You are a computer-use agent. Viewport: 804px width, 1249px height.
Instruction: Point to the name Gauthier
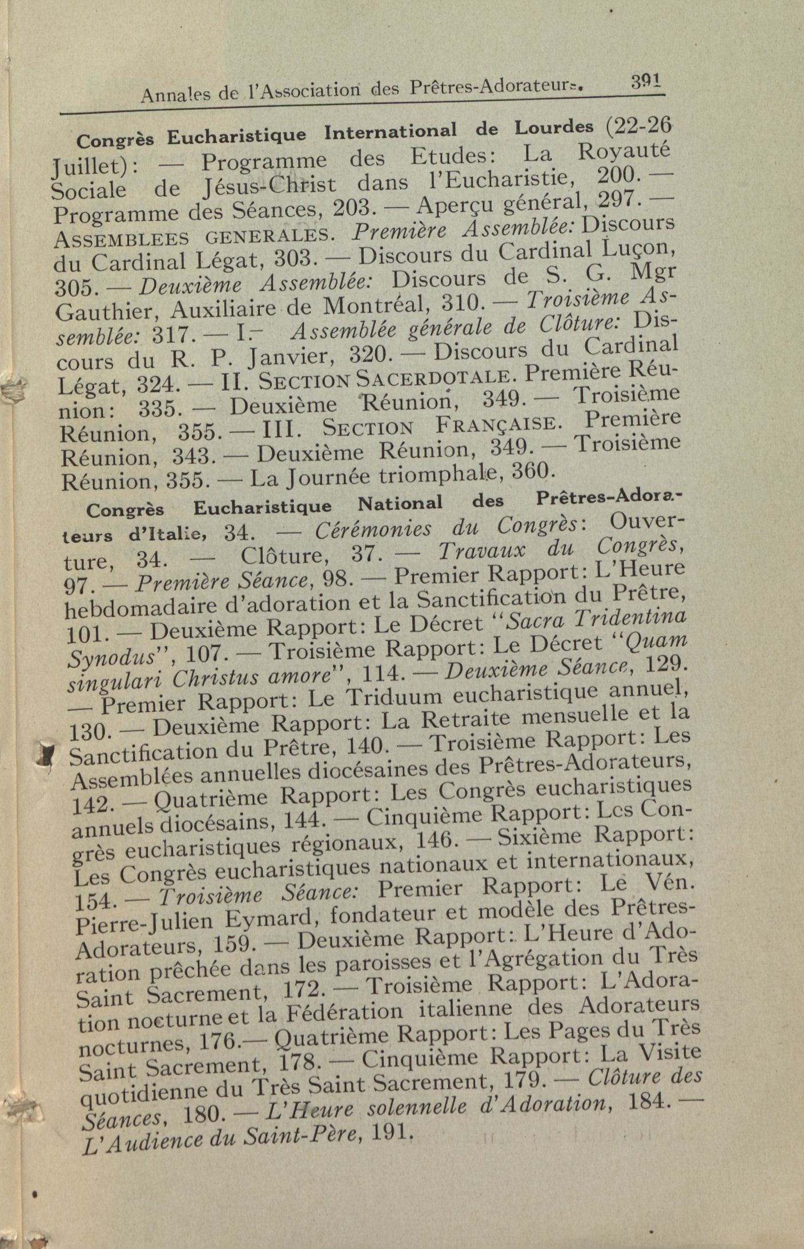pyautogui.click(x=107, y=312)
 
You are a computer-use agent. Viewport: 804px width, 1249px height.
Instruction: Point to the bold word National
pyautogui.click(x=400, y=503)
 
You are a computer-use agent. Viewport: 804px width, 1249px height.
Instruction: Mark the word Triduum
pyautogui.click(x=393, y=698)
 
